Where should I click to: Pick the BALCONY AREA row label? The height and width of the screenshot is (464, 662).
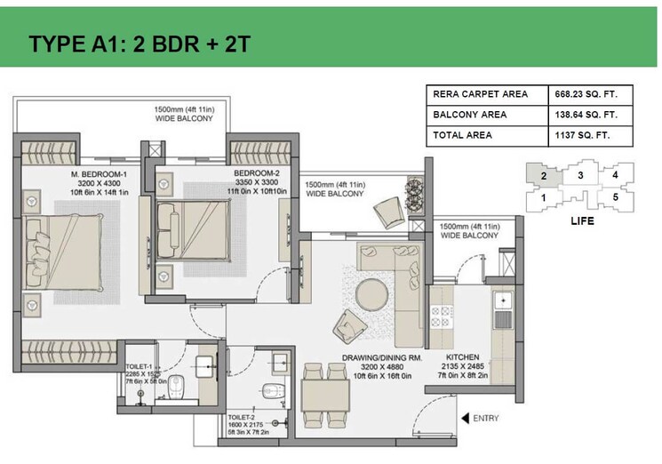[x=469, y=115]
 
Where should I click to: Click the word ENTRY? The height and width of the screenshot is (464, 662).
[x=486, y=418]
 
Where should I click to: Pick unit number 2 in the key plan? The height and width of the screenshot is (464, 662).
[x=542, y=176]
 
